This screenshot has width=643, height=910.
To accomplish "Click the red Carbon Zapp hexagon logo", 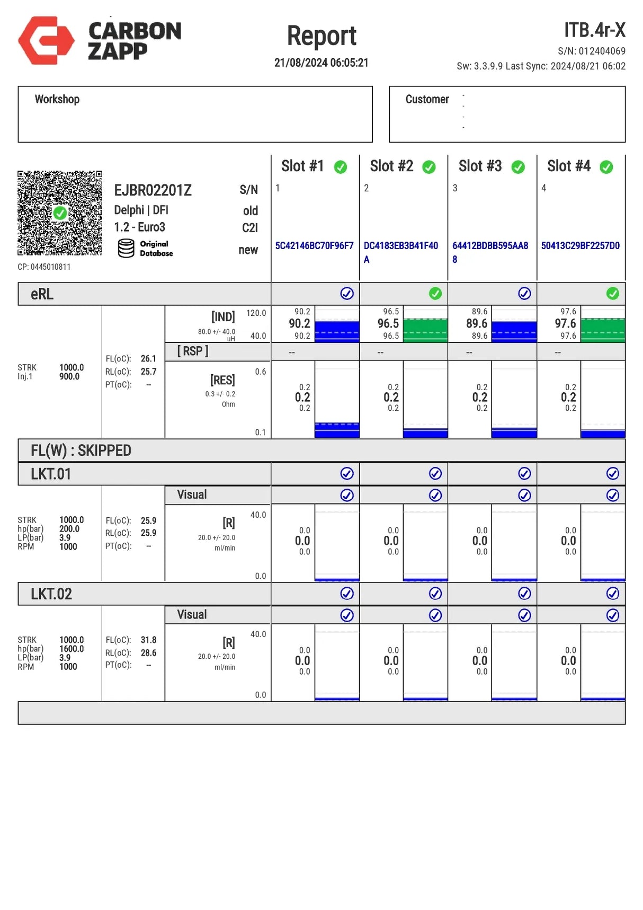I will click(x=46, y=40).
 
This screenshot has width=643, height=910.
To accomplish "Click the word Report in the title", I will click(x=322, y=36).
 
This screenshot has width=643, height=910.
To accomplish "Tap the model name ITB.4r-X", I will click(x=594, y=30).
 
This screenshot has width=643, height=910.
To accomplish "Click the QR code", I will click(x=59, y=213).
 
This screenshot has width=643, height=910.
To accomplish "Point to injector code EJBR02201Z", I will click(x=153, y=190).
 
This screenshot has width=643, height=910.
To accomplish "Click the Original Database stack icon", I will click(x=126, y=248).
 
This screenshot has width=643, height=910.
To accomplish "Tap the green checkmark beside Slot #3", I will click(x=518, y=167).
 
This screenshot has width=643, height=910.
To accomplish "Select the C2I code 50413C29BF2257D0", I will click(x=580, y=246).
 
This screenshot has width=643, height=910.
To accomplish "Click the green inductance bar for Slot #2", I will click(x=425, y=330).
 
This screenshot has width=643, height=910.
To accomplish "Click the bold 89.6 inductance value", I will click(x=477, y=323).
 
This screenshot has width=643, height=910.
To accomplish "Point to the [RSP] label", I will click(x=193, y=351).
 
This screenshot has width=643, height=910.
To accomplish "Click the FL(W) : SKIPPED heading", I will click(x=81, y=450).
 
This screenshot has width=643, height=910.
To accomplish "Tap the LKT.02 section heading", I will click(x=51, y=594).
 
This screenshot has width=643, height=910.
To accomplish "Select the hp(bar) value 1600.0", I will click(x=72, y=649).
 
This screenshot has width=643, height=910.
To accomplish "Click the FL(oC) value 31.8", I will click(x=148, y=640).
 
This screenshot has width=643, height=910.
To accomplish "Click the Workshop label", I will click(x=57, y=99).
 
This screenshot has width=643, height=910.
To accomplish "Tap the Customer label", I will click(x=427, y=99).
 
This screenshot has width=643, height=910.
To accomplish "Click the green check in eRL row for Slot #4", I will click(x=613, y=293).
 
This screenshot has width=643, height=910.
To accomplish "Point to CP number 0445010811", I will click(x=44, y=267).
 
